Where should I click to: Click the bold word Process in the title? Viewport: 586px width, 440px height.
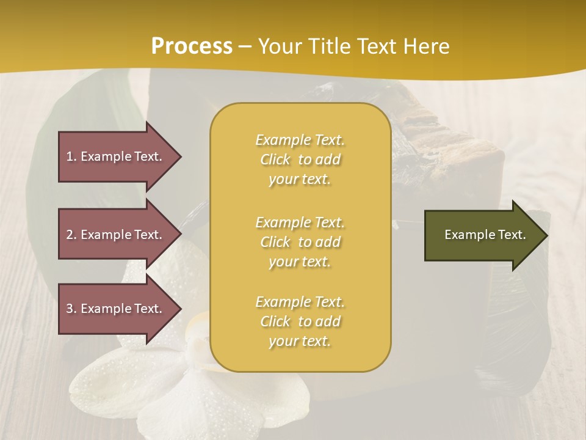[x=192, y=46]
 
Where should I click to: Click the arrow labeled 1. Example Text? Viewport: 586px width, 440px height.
[x=116, y=156]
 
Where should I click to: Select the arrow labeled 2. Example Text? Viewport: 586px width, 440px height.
[x=116, y=235]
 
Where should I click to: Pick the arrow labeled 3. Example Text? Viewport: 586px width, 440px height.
[x=116, y=309]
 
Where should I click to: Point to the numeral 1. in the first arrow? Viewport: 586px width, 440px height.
[x=71, y=156]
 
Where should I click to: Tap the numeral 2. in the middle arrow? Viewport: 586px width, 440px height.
[x=71, y=235]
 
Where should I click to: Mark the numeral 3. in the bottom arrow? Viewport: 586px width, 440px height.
[x=71, y=309]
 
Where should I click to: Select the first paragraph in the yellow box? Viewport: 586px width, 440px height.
[x=300, y=159]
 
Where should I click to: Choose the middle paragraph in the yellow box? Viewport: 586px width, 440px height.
[x=300, y=242]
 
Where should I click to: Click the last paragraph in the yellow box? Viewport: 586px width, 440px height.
[x=300, y=321]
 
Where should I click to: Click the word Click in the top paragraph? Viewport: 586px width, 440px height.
[x=275, y=160]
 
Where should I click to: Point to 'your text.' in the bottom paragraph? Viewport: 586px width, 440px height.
[x=300, y=342]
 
